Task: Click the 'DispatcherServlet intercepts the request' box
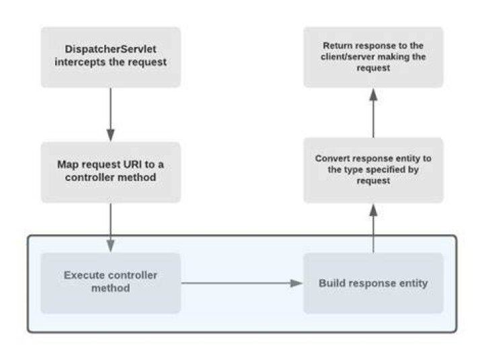tap(110, 57)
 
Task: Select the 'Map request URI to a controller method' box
tap(110, 172)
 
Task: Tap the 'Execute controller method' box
tap(110, 283)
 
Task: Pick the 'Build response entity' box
tap(373, 283)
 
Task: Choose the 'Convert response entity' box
tap(373, 170)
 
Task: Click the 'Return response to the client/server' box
tap(373, 57)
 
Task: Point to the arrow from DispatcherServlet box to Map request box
tap(110, 114)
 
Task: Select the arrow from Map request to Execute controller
tap(110, 227)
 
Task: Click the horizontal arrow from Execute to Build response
tap(242, 283)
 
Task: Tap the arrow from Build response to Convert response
tap(373, 228)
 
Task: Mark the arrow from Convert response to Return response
tap(373, 113)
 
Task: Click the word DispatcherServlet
tap(110, 49)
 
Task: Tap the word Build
tap(331, 283)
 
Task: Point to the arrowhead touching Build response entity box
tap(297, 283)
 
